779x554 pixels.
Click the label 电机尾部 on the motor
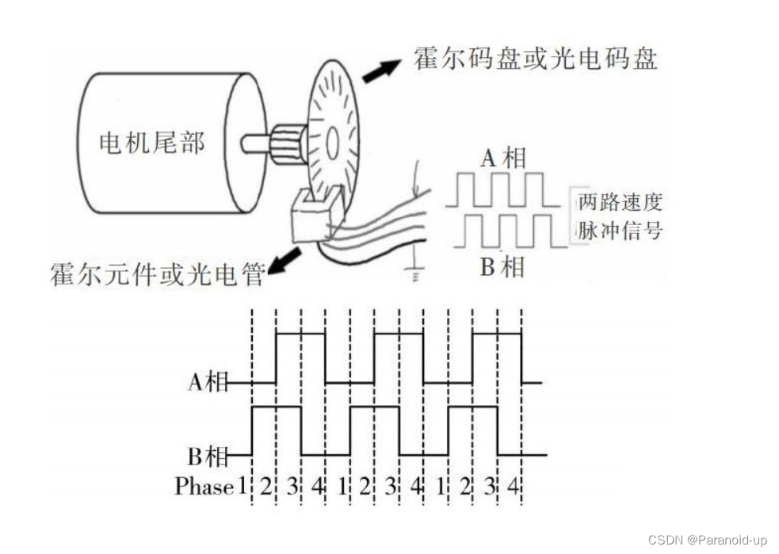(x=151, y=143)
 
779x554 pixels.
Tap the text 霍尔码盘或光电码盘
(x=535, y=59)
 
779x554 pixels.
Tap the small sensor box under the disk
(x=312, y=217)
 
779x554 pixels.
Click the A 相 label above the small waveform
(x=503, y=159)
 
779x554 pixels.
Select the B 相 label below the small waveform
(x=502, y=266)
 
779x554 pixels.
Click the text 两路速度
(x=619, y=202)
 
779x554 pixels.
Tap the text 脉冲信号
(x=619, y=231)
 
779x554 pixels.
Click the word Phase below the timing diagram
(x=204, y=486)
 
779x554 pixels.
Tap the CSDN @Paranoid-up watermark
(x=707, y=540)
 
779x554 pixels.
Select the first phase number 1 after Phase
(x=242, y=486)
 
